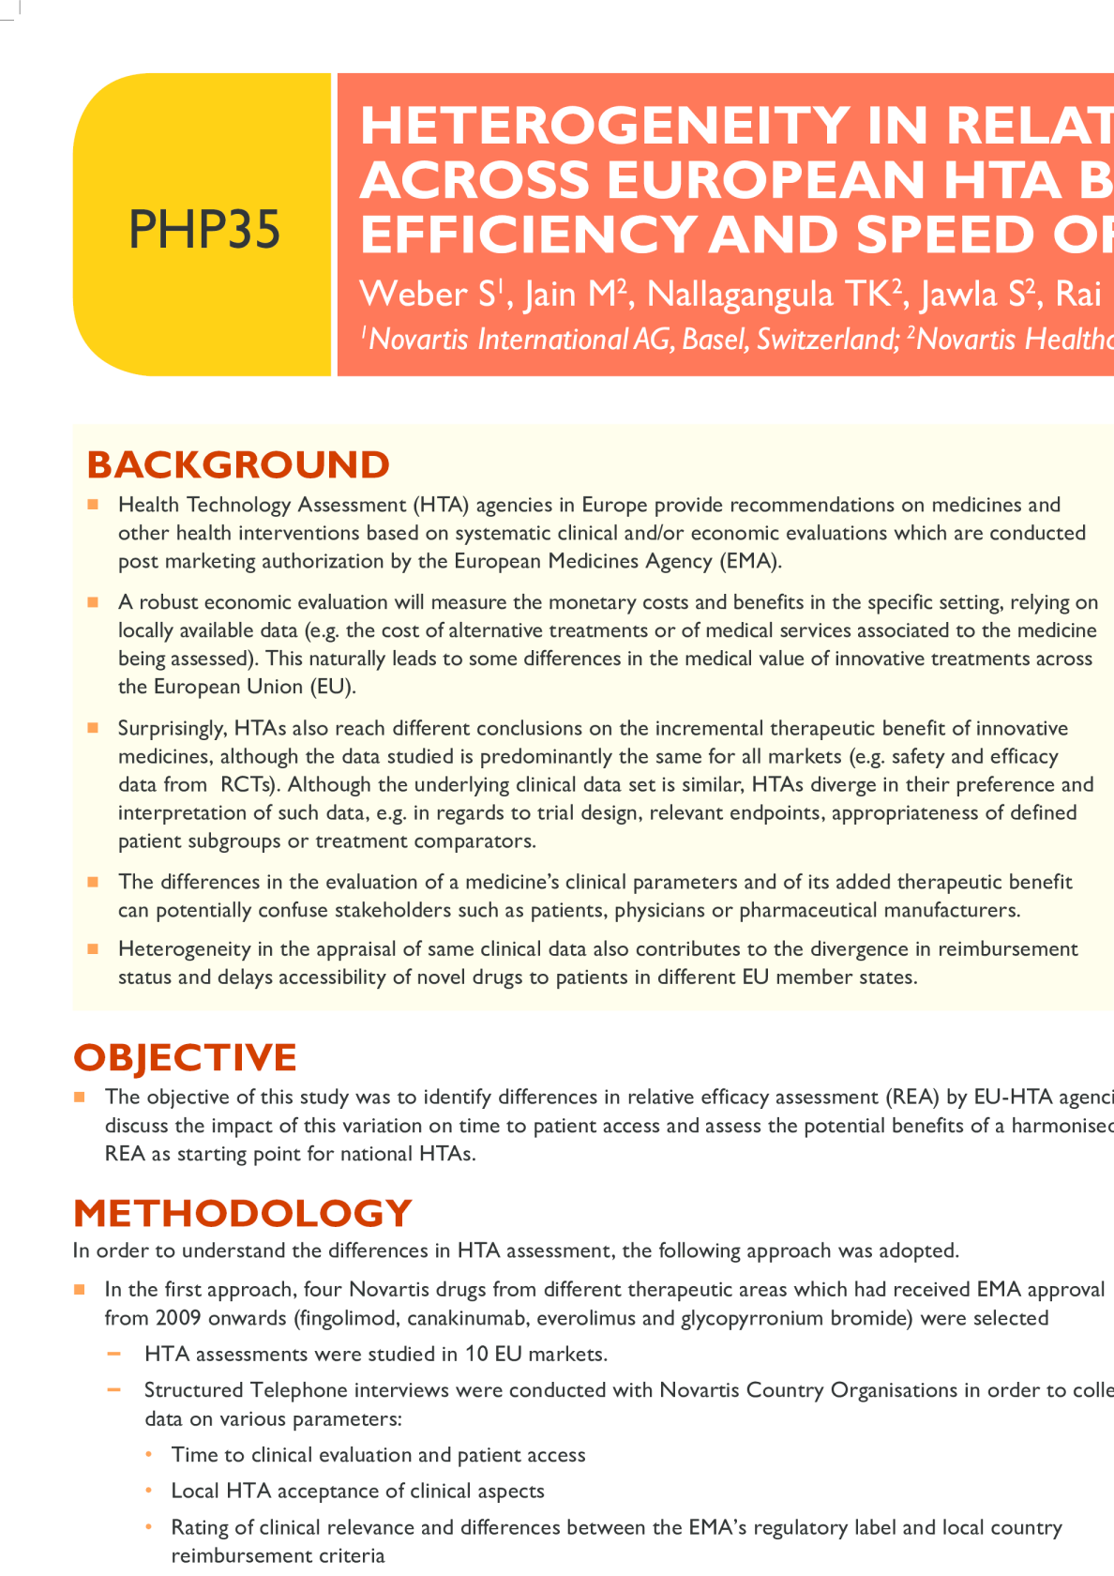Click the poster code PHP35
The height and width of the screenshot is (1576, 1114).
(x=204, y=229)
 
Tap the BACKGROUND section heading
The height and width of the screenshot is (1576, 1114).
(x=238, y=464)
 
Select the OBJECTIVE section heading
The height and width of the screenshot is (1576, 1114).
(x=185, y=1057)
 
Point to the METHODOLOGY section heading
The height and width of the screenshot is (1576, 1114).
(x=242, y=1213)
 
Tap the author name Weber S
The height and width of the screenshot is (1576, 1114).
(x=428, y=295)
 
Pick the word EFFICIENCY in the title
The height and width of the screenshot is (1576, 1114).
(x=528, y=235)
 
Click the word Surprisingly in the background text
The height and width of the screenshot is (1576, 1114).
(x=170, y=729)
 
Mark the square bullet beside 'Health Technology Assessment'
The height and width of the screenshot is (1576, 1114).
(x=93, y=505)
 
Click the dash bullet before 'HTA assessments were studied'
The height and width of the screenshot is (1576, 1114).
(x=114, y=1354)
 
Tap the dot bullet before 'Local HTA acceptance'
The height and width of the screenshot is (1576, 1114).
(x=149, y=1491)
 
